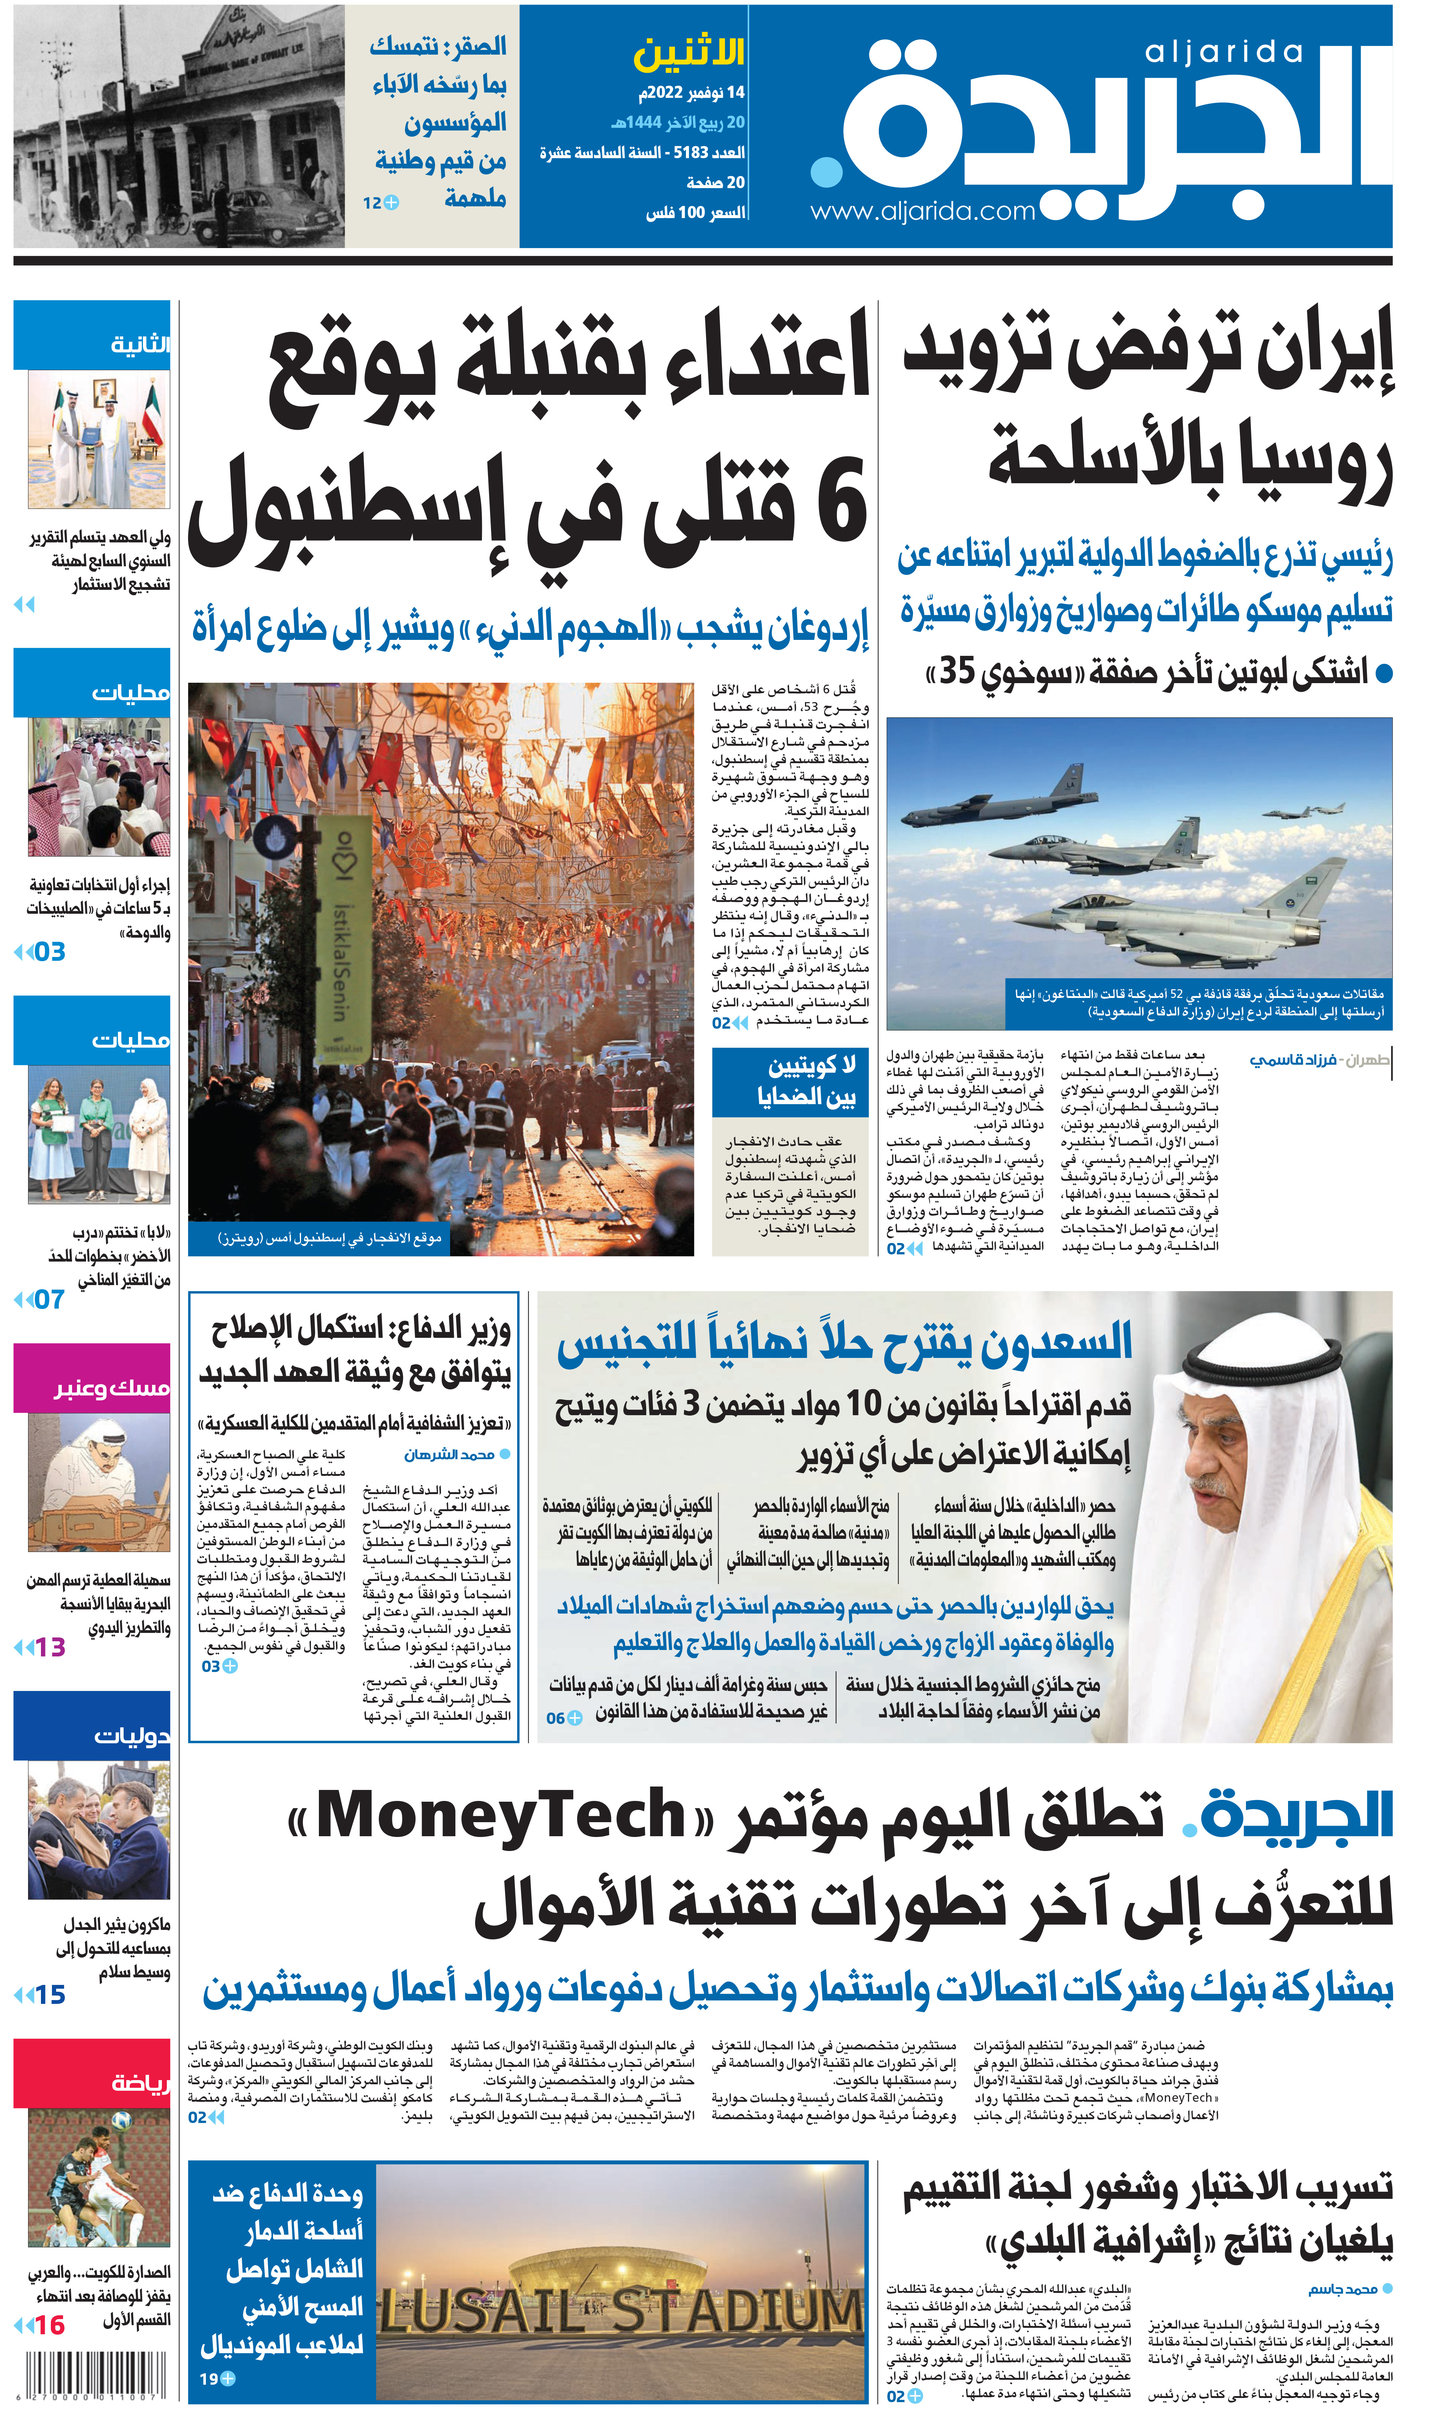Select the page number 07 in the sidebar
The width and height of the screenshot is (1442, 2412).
49,1299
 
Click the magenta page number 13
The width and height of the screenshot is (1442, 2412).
49,1646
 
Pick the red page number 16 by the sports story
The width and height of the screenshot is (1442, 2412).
49,2326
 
